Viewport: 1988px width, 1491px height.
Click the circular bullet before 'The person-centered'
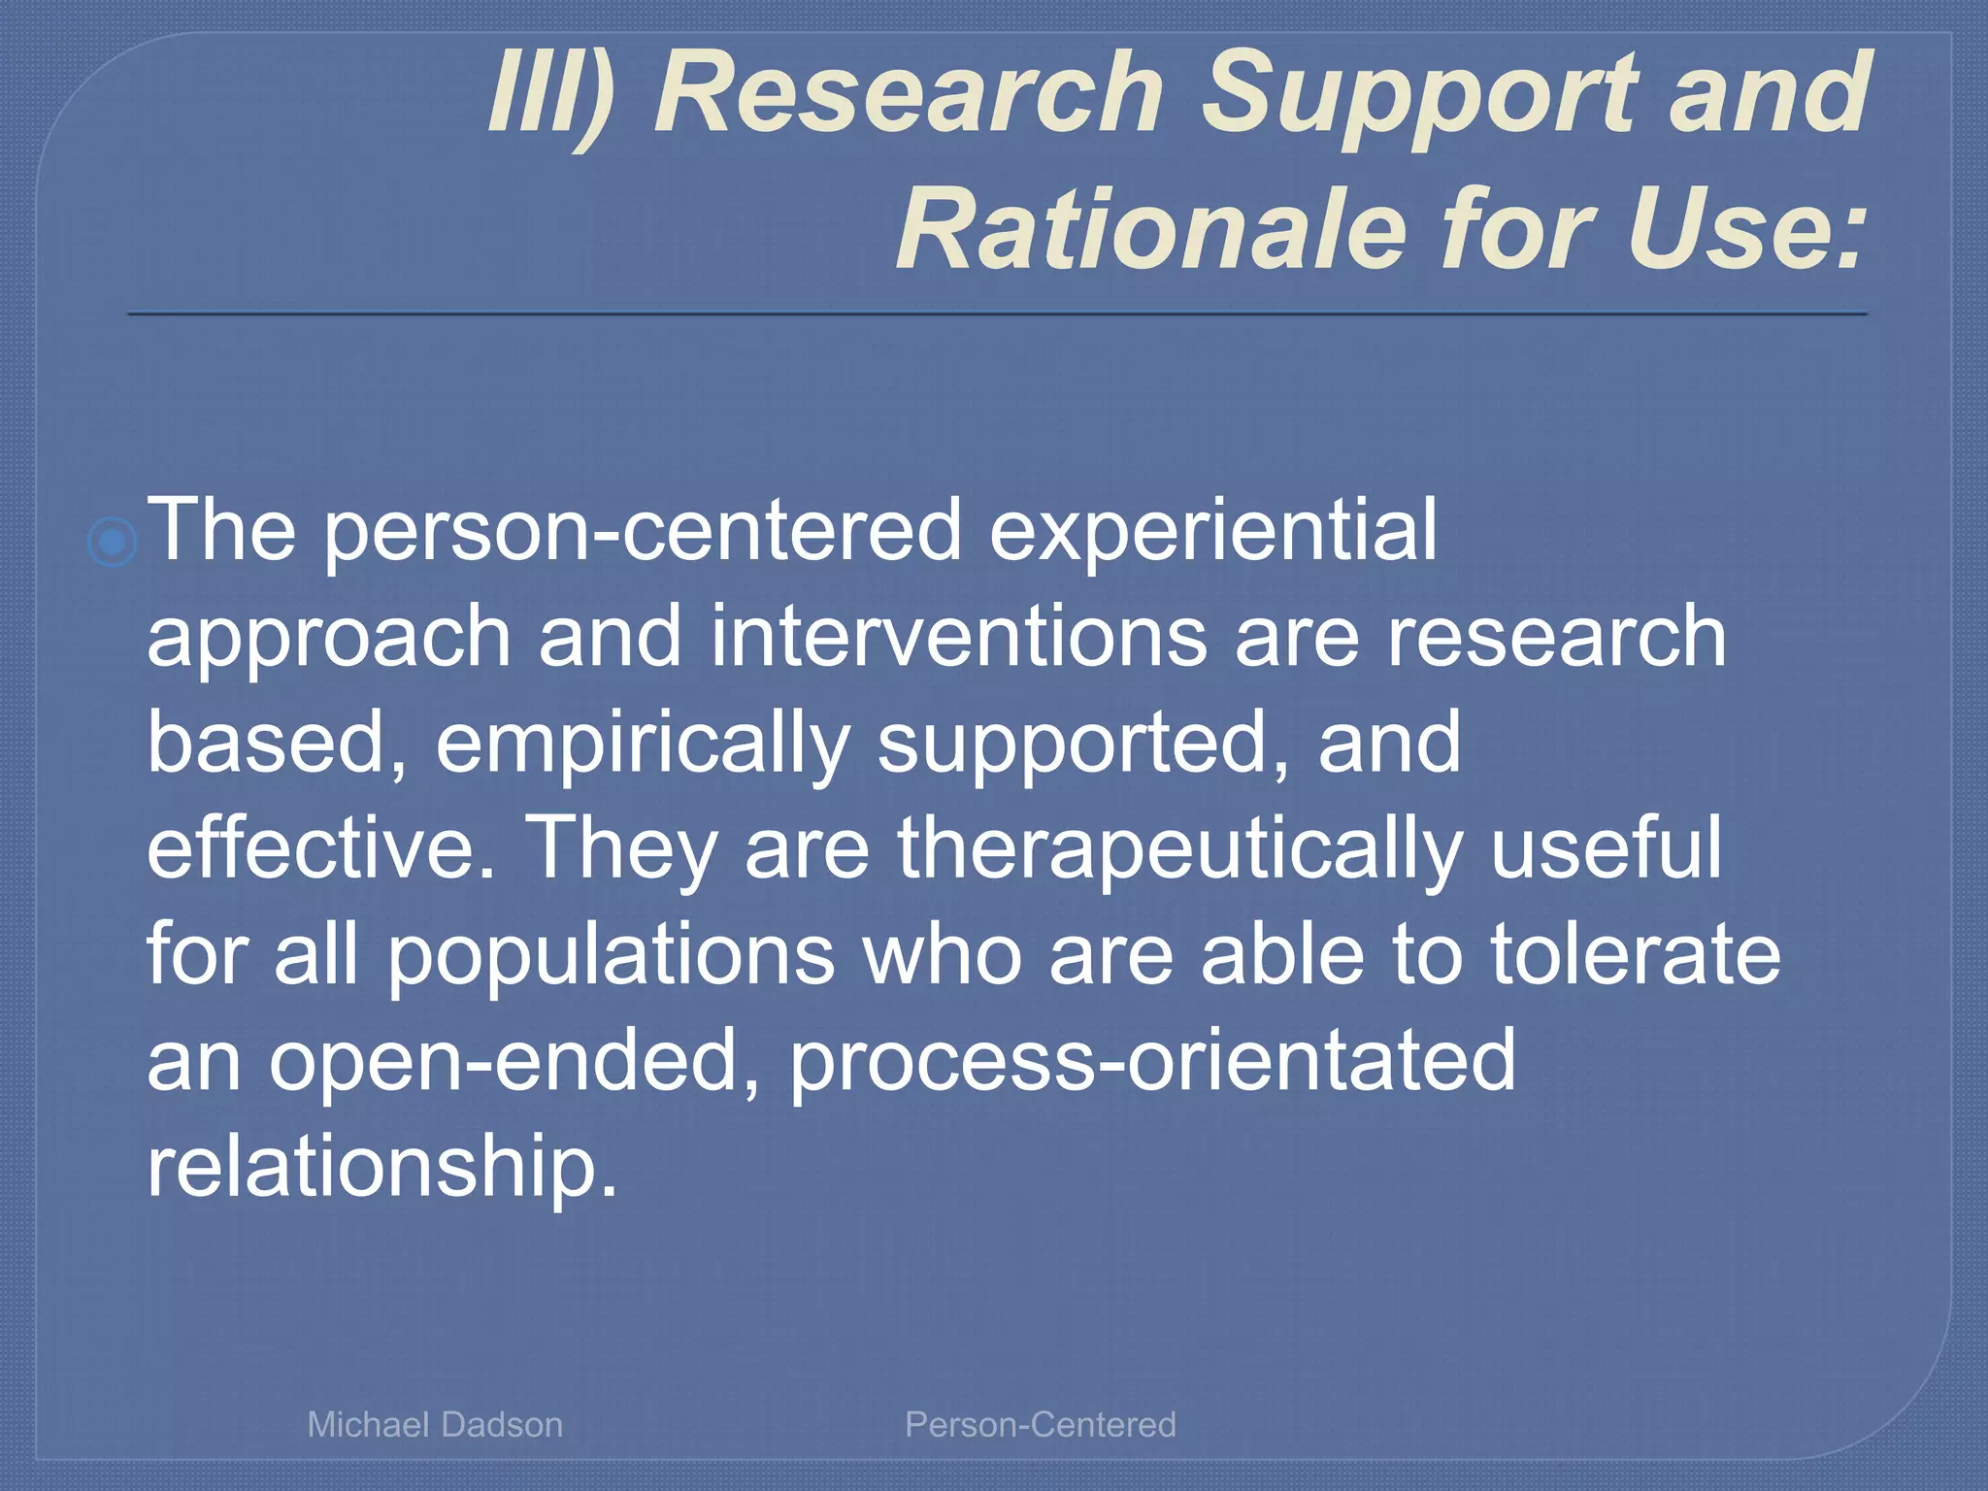[113, 542]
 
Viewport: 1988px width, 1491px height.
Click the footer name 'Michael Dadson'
[435, 1425]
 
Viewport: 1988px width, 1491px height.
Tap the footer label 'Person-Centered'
[1040, 1425]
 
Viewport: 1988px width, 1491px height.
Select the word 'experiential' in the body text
[1212, 530]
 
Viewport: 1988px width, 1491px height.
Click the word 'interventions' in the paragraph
[959, 637]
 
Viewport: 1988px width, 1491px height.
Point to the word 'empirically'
[642, 743]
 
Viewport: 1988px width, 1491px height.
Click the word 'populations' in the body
[612, 955]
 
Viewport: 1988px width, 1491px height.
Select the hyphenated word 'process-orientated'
[1152, 1061]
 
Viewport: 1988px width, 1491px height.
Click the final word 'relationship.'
[381, 1167]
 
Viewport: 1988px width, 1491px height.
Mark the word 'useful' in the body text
[1607, 848]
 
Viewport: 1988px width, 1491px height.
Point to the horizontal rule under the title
[997, 314]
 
